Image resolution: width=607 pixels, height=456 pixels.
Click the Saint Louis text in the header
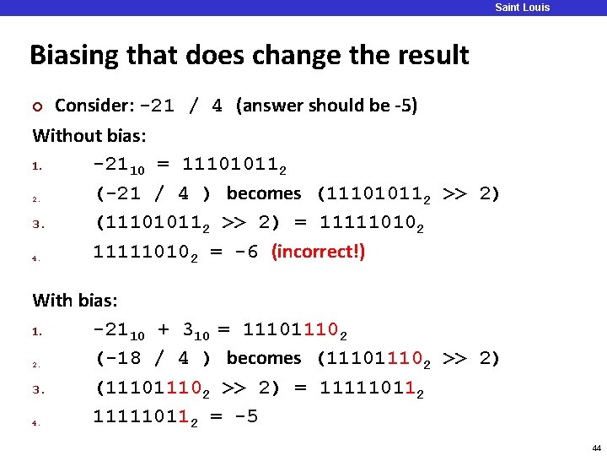[522, 8]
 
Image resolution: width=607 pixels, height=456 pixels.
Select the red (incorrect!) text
[318, 252]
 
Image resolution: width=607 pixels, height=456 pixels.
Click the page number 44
[596, 448]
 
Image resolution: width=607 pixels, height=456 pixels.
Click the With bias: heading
[75, 300]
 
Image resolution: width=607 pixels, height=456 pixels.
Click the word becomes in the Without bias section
[264, 193]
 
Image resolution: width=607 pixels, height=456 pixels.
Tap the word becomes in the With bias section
[264, 358]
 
